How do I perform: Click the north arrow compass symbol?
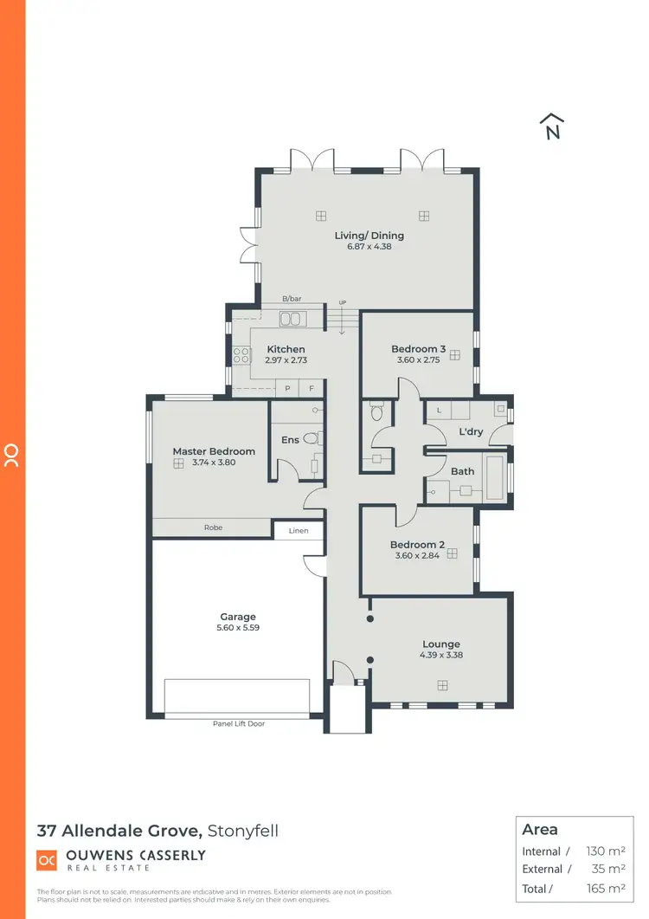(552, 126)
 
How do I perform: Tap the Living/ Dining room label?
(369, 236)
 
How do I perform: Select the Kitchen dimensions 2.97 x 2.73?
(286, 359)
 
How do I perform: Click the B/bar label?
(291, 300)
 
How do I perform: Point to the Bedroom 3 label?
(418, 349)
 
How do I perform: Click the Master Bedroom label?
(214, 451)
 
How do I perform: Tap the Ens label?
(290, 440)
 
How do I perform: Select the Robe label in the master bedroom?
(213, 527)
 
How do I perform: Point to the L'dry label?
(471, 431)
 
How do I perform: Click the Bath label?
(463, 471)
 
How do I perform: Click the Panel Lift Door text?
(238, 723)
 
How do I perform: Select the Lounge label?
(440, 644)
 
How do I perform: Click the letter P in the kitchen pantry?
(287, 389)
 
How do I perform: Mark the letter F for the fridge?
(312, 389)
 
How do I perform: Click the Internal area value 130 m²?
(606, 851)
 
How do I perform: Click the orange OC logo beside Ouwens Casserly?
(47, 860)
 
